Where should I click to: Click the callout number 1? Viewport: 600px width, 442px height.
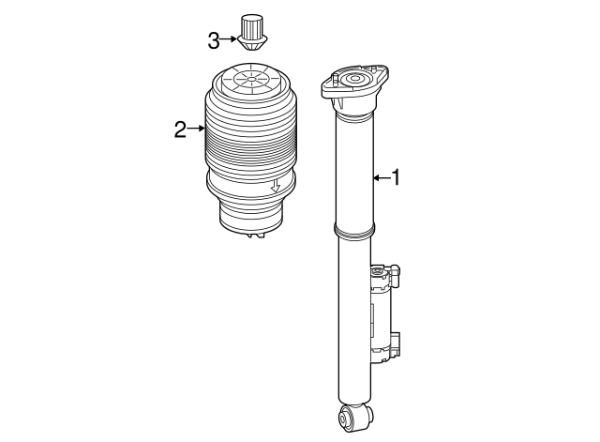tap(396, 177)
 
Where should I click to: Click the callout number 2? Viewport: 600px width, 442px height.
tap(180, 130)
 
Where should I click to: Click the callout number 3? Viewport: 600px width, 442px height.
tap(214, 40)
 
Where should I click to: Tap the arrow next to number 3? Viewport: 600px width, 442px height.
tap(229, 39)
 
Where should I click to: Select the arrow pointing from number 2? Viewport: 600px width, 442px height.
tap(196, 129)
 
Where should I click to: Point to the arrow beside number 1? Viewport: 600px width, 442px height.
tap(382, 177)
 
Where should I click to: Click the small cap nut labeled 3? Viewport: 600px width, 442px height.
tap(252, 33)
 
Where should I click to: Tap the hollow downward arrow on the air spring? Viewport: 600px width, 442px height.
tap(276, 186)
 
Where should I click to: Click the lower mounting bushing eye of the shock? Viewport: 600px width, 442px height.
tap(354, 417)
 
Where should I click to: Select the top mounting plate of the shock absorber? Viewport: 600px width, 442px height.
tap(354, 85)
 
